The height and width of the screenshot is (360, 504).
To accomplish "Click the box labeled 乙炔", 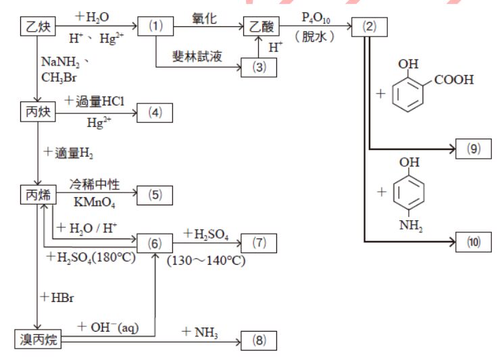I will pyautogui.click(x=38, y=28).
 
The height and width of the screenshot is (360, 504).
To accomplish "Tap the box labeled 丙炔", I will pyautogui.click(x=38, y=111).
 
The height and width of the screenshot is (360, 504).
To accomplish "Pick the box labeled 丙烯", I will pyautogui.click(x=38, y=196).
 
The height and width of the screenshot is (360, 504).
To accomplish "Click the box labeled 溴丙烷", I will pyautogui.click(x=38, y=340).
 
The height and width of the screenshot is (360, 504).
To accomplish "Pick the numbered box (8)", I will pyautogui.click(x=260, y=340).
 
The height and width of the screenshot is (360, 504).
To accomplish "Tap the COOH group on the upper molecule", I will pyautogui.click(x=453, y=80).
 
